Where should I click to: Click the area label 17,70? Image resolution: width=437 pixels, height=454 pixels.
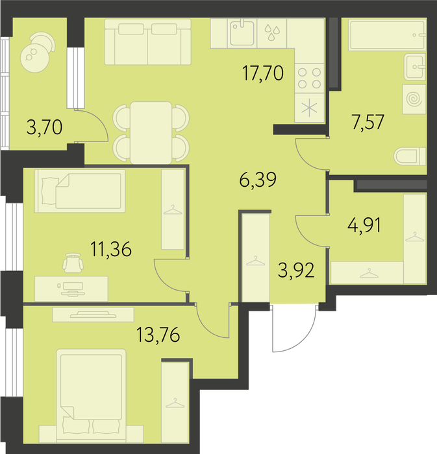click(x=262, y=73)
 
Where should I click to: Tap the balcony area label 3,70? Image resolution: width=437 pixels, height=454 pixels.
click(x=44, y=128)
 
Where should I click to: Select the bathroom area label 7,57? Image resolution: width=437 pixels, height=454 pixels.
click(x=368, y=122)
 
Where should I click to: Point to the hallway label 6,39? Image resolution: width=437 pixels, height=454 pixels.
click(x=258, y=180)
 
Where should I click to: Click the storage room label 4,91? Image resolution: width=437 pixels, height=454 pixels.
click(x=364, y=226)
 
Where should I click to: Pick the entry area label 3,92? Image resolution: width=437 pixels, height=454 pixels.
click(x=296, y=270)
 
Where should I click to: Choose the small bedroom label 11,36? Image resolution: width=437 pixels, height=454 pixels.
click(x=111, y=249)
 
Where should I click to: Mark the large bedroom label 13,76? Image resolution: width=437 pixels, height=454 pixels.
click(x=158, y=335)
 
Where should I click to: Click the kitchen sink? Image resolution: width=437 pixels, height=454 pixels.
click(x=242, y=33)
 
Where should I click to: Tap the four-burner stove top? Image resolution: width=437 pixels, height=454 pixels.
click(x=310, y=78)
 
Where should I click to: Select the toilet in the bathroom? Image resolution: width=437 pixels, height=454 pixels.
click(x=410, y=156)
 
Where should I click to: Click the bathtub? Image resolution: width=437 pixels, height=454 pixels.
click(x=387, y=35)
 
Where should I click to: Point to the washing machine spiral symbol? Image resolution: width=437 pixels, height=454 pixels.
click(x=414, y=99)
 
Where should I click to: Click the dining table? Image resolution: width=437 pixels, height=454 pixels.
click(x=151, y=132)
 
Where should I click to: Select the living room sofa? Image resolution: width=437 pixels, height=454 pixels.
click(x=148, y=42)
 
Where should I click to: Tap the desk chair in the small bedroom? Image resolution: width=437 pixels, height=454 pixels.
click(x=73, y=263)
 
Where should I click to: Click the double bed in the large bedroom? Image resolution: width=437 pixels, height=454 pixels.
click(x=92, y=395)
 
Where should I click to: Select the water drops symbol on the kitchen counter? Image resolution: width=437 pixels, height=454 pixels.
click(x=272, y=32)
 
